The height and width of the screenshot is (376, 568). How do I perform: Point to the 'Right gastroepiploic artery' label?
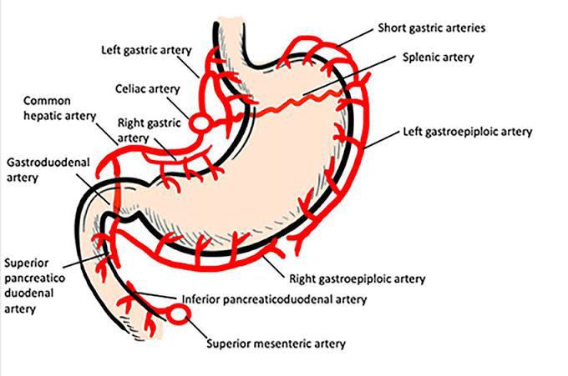coord(357,278)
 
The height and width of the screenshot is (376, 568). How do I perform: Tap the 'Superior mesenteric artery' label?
coord(275,343)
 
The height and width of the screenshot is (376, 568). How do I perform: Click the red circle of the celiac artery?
coord(200,123)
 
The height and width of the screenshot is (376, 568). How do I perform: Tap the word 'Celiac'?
coord(130,88)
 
